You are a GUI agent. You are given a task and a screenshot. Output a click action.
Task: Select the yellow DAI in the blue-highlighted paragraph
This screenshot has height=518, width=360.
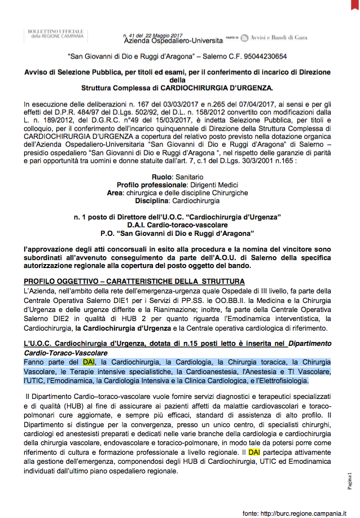[x=89, y=362]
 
